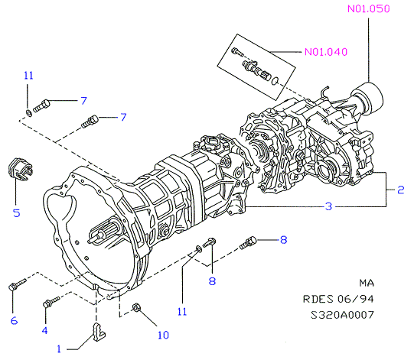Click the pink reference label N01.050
(368, 9)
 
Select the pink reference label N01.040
(326, 52)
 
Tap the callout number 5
(17, 212)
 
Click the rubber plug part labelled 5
(20, 170)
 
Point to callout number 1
(59, 349)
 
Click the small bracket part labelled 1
(99, 332)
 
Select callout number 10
(163, 335)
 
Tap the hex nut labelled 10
(136, 307)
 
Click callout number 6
(14, 321)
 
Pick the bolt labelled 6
(18, 284)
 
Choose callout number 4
(44, 330)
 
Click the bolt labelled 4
(51, 301)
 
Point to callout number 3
(328, 206)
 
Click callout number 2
(400, 190)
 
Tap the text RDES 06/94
(338, 299)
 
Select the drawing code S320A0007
(342, 315)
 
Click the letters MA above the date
(367, 283)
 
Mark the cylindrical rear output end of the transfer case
(369, 98)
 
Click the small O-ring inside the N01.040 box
(275, 81)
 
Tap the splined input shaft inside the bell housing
(105, 233)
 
